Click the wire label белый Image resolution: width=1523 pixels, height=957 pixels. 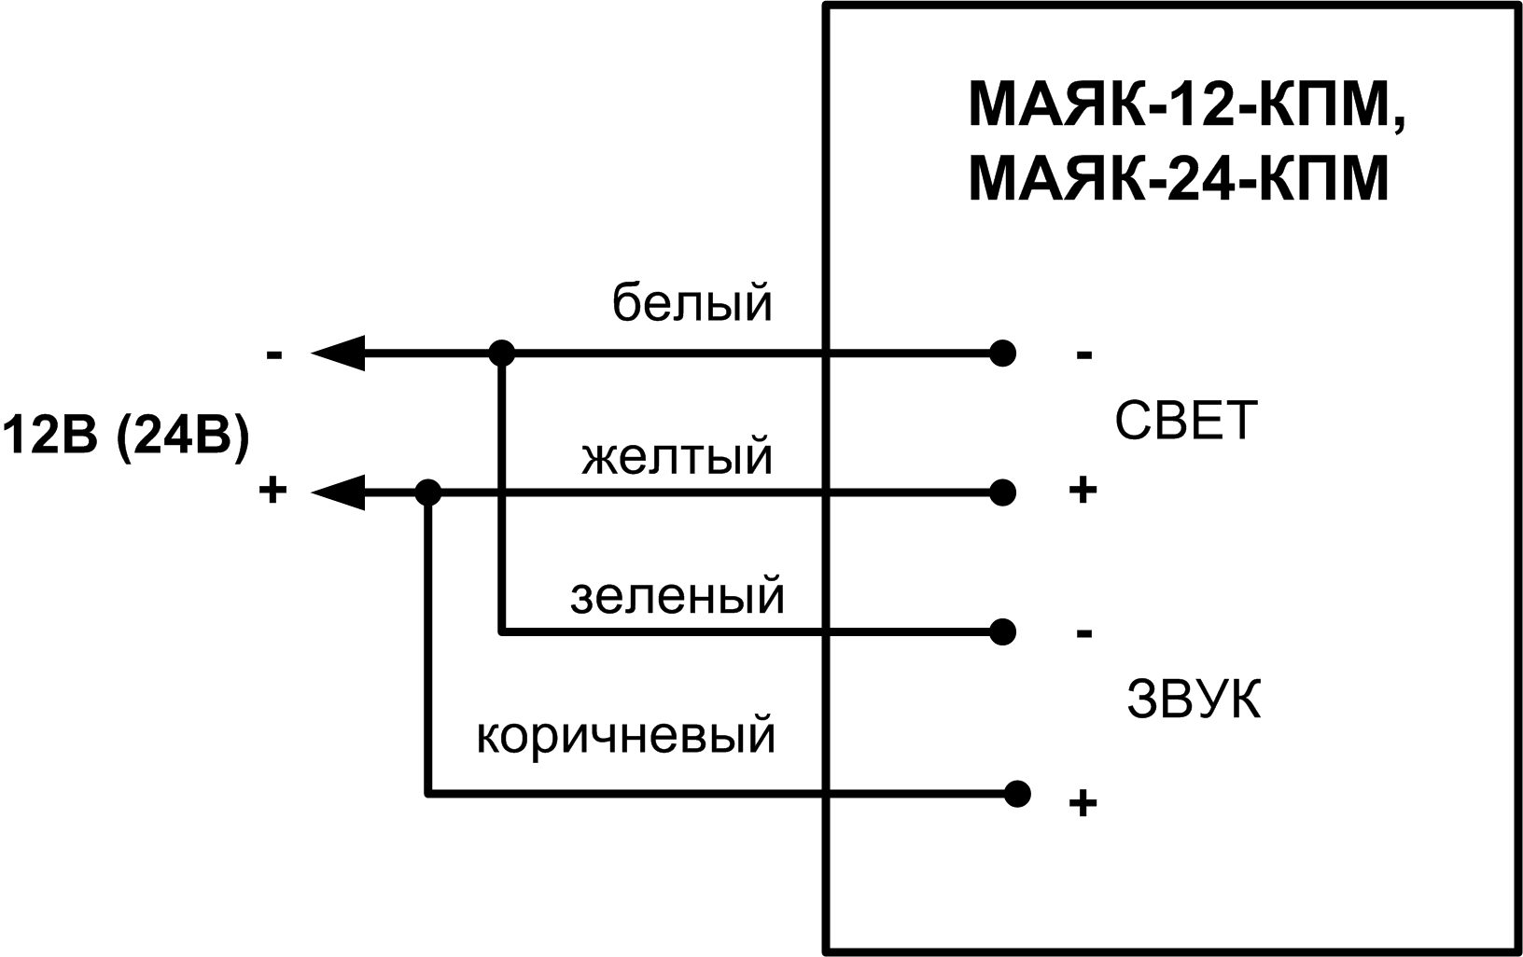692,303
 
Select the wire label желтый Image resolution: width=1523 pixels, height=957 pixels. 677,457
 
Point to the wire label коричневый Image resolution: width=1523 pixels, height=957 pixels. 626,735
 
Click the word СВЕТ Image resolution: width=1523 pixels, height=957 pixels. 1186,422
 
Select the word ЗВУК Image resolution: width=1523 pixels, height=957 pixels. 1194,700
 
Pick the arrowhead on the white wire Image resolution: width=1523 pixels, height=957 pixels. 338,354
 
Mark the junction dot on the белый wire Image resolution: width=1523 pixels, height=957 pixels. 502,354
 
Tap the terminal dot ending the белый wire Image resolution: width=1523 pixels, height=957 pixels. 1002,354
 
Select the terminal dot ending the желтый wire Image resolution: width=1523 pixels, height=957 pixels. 1002,492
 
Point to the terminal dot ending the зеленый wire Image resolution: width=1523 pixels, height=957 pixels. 1002,631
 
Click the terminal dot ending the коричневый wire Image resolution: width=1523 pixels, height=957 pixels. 1018,794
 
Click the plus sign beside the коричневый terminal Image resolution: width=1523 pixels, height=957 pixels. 1082,803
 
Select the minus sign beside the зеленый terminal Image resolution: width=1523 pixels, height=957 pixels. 1083,634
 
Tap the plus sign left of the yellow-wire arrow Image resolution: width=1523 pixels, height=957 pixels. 272,491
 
